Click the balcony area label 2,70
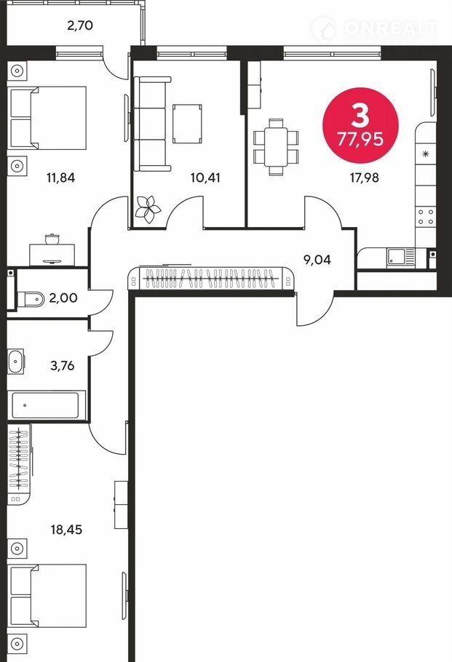click(80, 25)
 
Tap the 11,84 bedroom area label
click(61, 178)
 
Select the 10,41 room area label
click(205, 178)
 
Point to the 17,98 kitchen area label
click(364, 178)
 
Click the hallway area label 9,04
click(317, 260)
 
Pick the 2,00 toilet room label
click(63, 298)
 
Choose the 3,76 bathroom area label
click(62, 366)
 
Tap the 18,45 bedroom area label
click(66, 530)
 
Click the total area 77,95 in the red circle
click(360, 139)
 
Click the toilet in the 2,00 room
click(31, 299)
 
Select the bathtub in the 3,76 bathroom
click(46, 405)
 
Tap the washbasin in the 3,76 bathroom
click(16, 362)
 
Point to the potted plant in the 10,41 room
click(148, 209)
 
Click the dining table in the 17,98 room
click(277, 147)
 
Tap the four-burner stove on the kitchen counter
click(425, 217)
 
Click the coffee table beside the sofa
click(187, 124)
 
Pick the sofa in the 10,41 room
click(152, 124)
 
